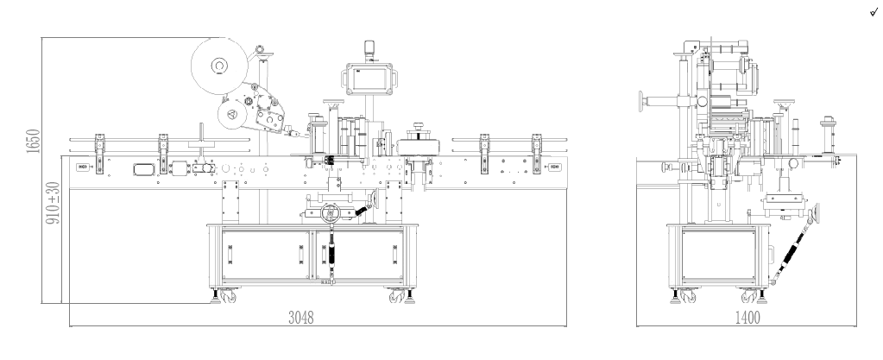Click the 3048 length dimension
(300, 318)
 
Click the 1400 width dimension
(747, 318)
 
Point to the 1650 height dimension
(33, 141)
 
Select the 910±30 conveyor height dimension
(53, 203)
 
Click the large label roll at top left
(219, 66)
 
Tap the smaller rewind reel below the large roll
(232, 115)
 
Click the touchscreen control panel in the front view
(369, 79)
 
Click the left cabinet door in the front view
(265, 255)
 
